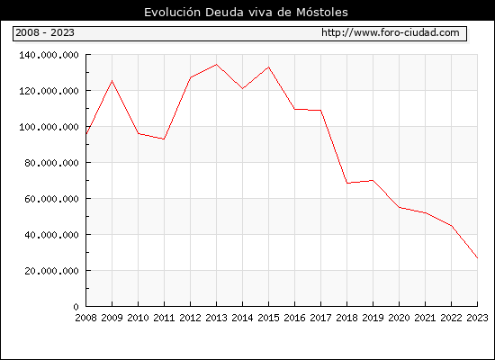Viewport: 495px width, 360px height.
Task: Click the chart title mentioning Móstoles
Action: click(x=246, y=13)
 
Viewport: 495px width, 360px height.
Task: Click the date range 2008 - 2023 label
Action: click(x=45, y=32)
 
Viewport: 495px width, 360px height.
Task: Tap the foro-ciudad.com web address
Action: click(x=391, y=32)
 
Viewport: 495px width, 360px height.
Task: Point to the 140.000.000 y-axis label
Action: click(x=49, y=55)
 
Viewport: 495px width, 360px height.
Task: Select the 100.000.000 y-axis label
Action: click(x=49, y=127)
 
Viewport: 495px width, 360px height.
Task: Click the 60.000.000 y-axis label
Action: click(x=51, y=199)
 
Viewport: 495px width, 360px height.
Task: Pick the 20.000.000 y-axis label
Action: click(x=51, y=271)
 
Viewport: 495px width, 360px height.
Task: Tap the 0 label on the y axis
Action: click(x=76, y=307)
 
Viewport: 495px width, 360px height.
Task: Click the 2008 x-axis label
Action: click(x=85, y=318)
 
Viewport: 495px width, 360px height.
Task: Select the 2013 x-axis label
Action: click(x=216, y=318)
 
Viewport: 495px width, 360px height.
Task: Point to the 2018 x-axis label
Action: click(x=346, y=318)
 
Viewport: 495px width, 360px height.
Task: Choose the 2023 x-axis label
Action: click(x=477, y=318)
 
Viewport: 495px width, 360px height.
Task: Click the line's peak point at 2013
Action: click(x=216, y=65)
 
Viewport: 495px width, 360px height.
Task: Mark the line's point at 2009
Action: click(x=112, y=81)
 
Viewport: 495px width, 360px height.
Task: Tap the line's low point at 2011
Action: click(x=164, y=139)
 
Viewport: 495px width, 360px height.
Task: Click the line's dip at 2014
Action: click(x=242, y=88)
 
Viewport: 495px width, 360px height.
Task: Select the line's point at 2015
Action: click(x=269, y=67)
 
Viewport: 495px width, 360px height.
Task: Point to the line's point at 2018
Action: click(x=346, y=183)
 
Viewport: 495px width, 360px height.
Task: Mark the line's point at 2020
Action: click(x=399, y=207)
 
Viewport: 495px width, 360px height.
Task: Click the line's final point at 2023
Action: click(x=477, y=258)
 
